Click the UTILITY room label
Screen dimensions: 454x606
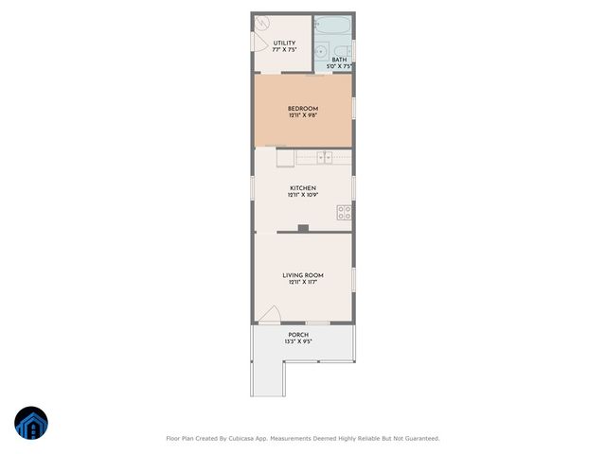(x=284, y=43)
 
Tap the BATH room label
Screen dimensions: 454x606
(x=338, y=60)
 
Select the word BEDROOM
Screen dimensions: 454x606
(x=303, y=109)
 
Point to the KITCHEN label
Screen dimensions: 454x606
(x=303, y=187)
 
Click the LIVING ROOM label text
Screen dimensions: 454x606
(x=303, y=274)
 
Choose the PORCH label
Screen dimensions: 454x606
(x=298, y=334)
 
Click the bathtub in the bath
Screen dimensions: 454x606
(x=332, y=25)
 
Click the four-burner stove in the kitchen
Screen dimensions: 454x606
(x=345, y=212)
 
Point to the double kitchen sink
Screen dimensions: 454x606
(x=324, y=158)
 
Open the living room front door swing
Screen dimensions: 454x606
(x=271, y=315)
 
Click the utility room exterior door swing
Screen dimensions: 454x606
(x=259, y=42)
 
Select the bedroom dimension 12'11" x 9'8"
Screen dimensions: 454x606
(x=303, y=116)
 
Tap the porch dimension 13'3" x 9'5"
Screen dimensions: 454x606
(x=298, y=341)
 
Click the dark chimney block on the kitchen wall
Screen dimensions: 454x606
(x=303, y=227)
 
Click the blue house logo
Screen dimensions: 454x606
(x=31, y=423)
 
